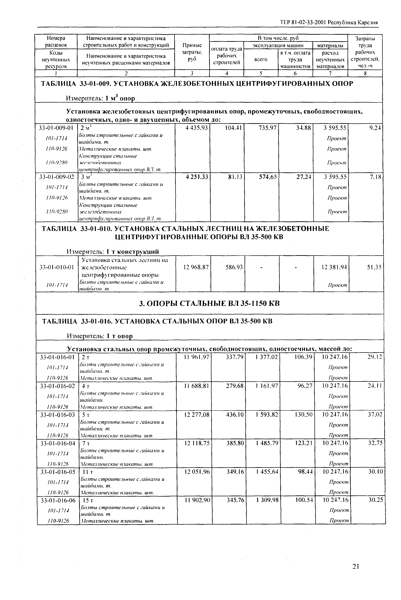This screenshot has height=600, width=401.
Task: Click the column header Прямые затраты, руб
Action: (x=192, y=52)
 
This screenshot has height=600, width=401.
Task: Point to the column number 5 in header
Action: (x=261, y=73)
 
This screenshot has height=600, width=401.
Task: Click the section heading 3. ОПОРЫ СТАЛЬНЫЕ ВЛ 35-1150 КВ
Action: (x=209, y=303)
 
